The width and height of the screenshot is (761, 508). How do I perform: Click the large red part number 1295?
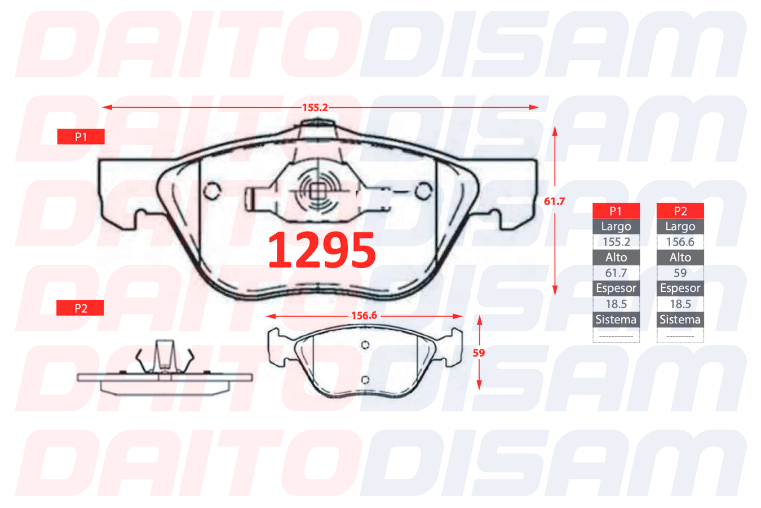(322, 250)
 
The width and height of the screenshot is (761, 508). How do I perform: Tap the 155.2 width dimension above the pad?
(315, 107)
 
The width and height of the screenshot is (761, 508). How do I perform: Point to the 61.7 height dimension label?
(554, 201)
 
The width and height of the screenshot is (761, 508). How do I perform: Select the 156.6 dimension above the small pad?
(364, 316)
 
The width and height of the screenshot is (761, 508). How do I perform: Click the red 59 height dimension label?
(479, 353)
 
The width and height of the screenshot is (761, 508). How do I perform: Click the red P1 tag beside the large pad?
(81, 137)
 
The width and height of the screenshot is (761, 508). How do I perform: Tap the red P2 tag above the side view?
(80, 308)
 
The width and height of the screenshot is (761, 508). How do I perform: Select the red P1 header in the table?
(616, 211)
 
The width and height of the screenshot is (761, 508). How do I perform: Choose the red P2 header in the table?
(680, 211)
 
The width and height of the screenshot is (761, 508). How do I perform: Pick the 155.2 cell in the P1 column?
(616, 242)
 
